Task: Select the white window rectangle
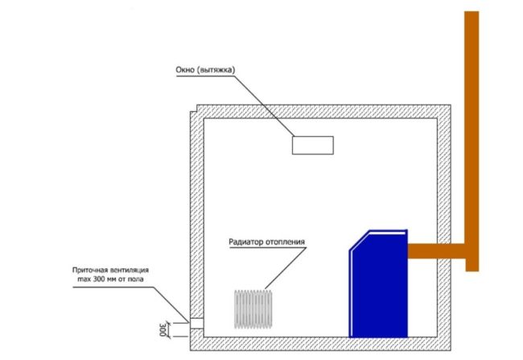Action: [313, 145]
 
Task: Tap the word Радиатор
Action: [245, 242]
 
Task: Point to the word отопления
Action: [285, 242]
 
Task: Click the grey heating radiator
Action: [253, 309]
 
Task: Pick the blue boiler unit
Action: [378, 283]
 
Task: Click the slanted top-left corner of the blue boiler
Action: [359, 240]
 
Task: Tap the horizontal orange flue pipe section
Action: [437, 250]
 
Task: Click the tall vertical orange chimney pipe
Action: [472, 141]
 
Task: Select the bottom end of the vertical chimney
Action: [472, 271]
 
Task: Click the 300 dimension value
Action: [163, 329]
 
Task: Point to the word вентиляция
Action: [126, 270]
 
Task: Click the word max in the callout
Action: [84, 279]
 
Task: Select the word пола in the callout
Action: [137, 279]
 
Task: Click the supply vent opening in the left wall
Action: [197, 323]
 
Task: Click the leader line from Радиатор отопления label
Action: [285, 268]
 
